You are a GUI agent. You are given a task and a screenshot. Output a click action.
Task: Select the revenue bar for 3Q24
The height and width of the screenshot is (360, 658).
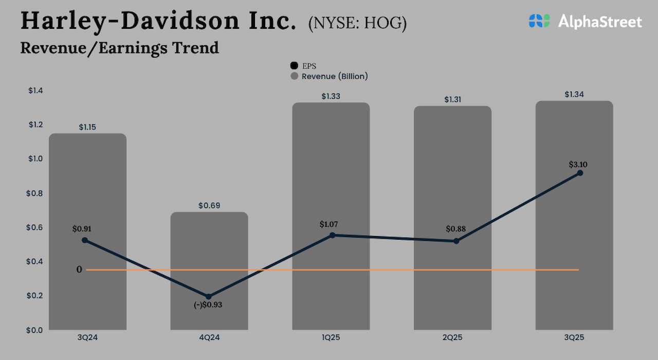point(87,231)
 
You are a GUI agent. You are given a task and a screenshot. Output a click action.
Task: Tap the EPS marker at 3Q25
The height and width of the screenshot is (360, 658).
point(580,173)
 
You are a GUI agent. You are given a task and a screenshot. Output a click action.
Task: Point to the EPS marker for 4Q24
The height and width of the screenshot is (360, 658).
point(209,297)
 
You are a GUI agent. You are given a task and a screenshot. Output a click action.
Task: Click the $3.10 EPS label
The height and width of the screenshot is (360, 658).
point(578,165)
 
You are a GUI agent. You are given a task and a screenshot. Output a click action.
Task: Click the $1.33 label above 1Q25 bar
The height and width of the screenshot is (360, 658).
point(331,96)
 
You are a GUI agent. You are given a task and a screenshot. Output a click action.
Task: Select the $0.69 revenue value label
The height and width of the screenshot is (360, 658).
point(209,206)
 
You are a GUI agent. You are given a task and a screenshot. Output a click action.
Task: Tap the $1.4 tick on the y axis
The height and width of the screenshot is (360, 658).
point(35,91)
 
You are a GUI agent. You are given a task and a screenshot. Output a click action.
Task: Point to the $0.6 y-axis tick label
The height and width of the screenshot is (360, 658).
point(35,228)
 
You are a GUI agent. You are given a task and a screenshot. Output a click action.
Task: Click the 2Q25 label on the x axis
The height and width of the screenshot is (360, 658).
point(452,338)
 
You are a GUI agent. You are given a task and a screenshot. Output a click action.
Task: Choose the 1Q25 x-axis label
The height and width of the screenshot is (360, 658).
point(331,338)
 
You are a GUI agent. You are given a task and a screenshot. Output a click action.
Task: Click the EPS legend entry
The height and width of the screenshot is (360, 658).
point(303,66)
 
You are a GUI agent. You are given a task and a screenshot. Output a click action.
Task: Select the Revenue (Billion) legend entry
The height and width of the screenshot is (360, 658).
point(329,76)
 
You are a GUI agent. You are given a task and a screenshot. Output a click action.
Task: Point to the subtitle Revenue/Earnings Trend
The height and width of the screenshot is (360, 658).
point(119,48)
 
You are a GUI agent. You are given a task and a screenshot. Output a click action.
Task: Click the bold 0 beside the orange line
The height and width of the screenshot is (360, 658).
point(79,269)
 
